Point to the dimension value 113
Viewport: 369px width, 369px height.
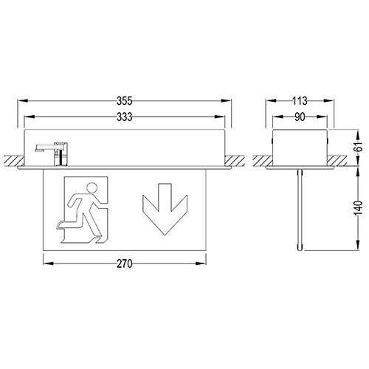point(300,100)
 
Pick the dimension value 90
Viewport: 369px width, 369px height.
point(300,115)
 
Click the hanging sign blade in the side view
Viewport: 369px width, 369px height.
point(300,210)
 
